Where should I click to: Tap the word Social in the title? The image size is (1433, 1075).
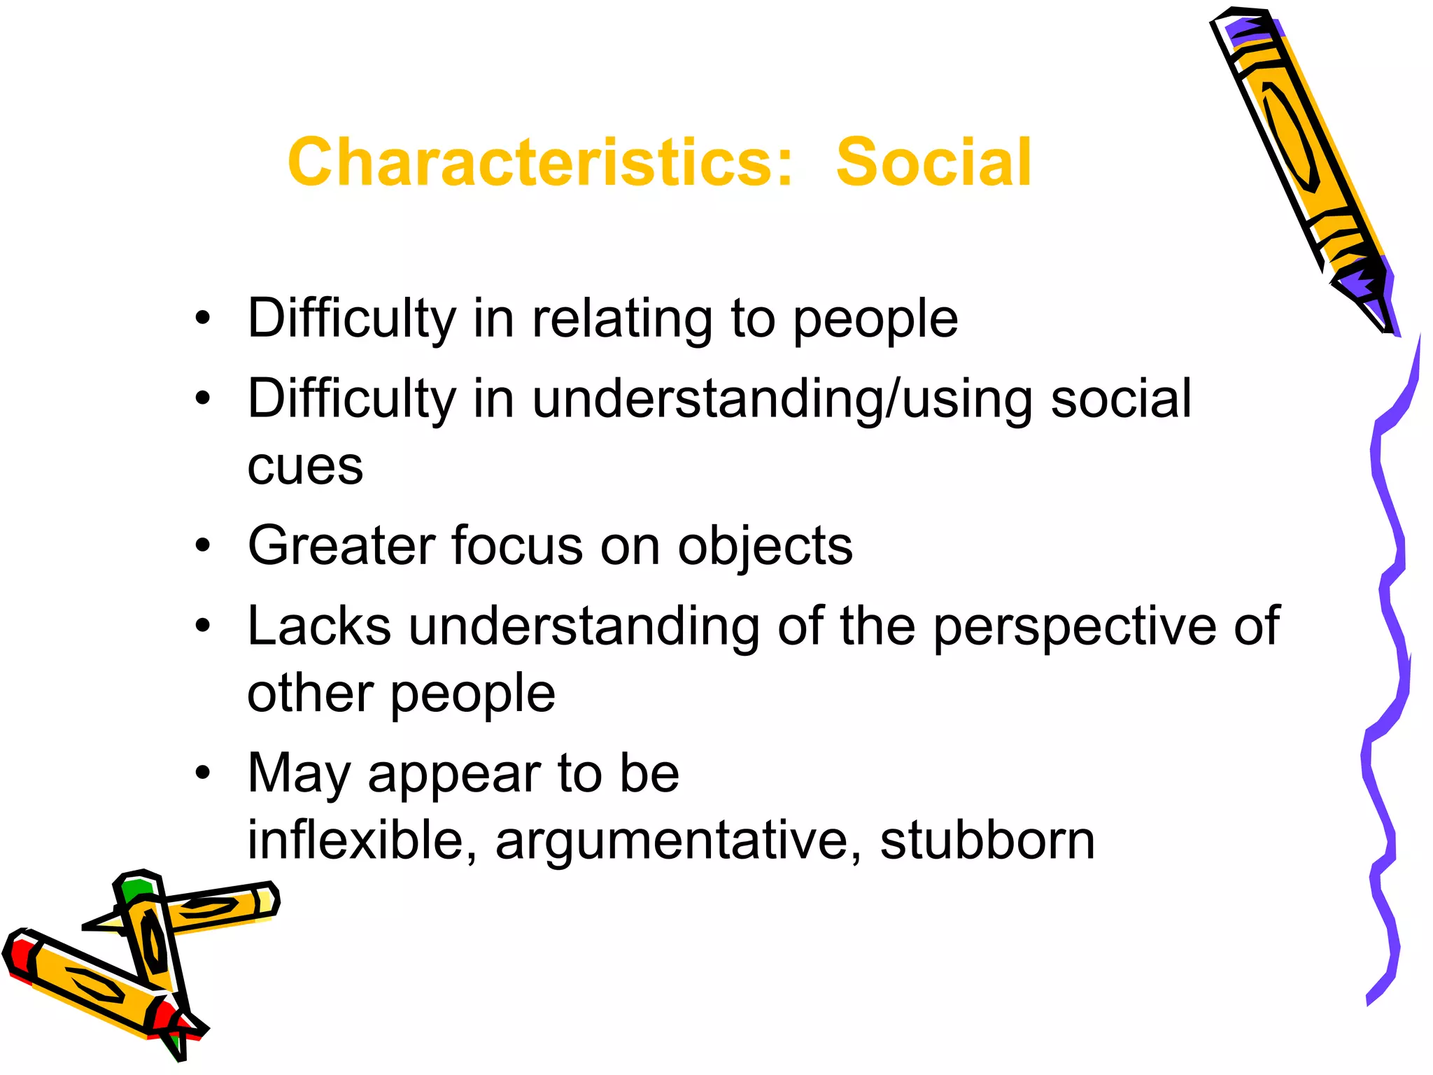click(933, 162)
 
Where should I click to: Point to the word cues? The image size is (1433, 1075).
click(305, 467)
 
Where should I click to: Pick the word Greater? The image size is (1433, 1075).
click(341, 546)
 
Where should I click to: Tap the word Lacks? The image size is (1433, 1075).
click(319, 626)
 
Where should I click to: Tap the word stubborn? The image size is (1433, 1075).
click(987, 840)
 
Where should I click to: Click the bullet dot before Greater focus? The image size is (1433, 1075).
click(203, 545)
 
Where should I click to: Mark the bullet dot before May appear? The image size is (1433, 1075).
click(203, 773)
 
